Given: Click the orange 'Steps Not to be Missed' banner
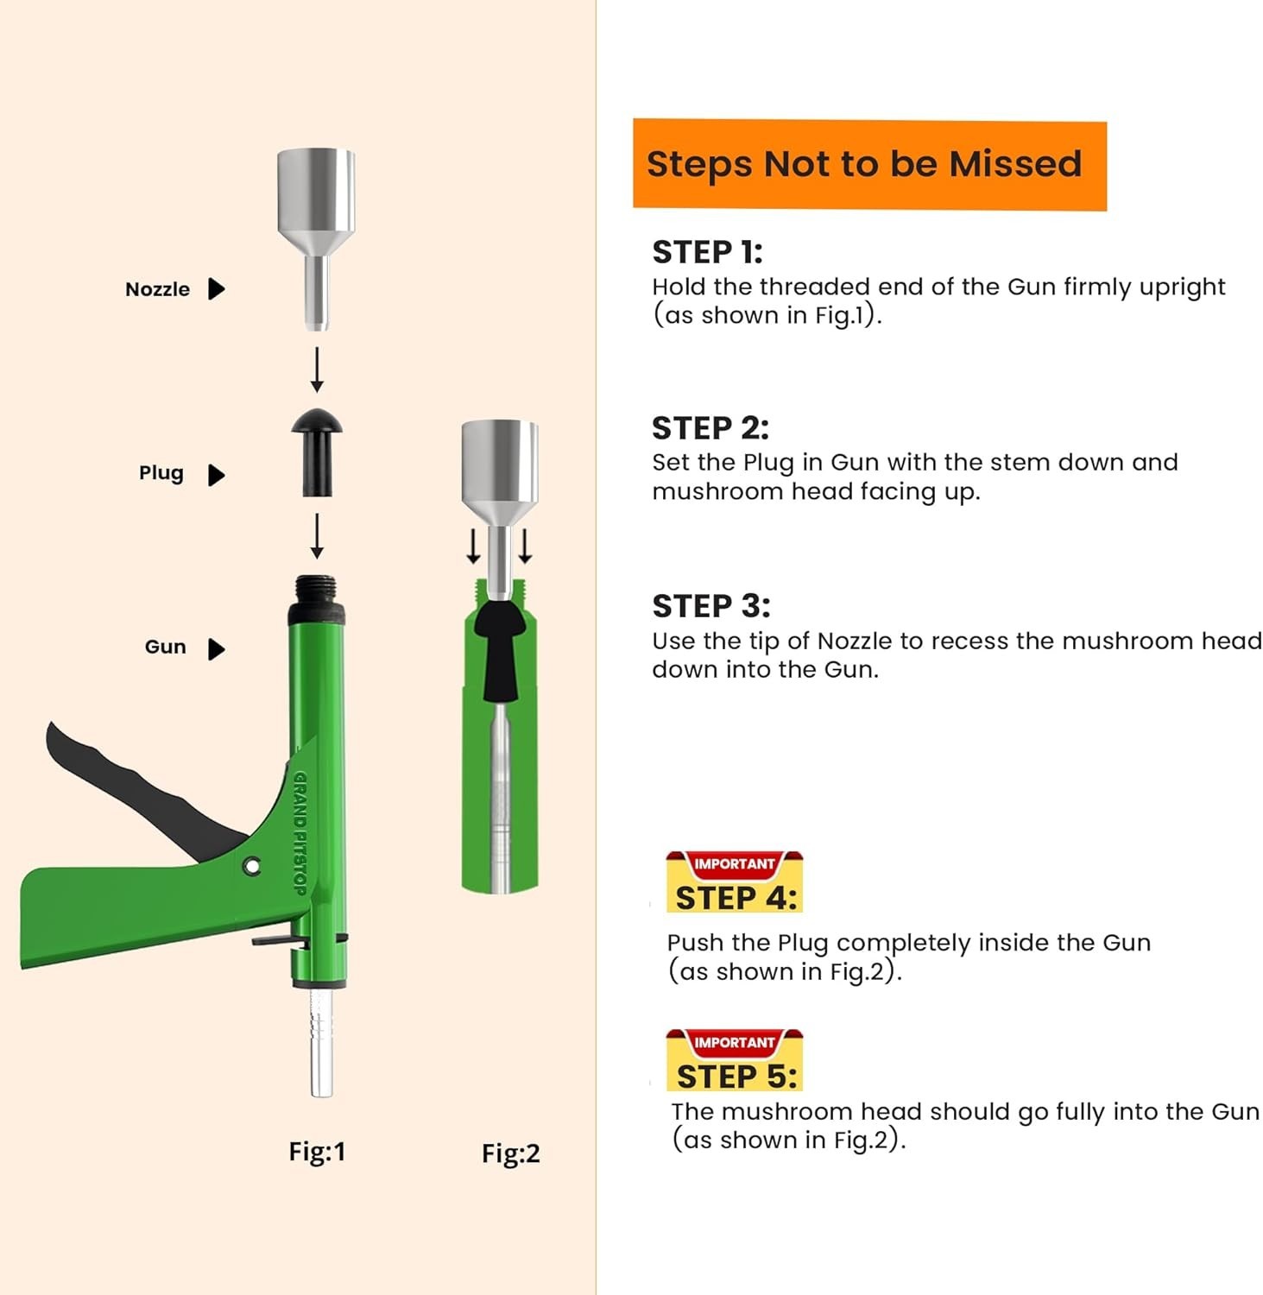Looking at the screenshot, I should click(868, 164).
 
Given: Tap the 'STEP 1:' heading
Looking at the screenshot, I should click(707, 252).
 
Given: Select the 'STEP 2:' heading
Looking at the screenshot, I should click(710, 428).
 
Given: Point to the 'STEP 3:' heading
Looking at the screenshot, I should click(710, 606).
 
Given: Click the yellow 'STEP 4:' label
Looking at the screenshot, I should click(736, 898).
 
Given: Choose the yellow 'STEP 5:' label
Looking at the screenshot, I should click(736, 1077).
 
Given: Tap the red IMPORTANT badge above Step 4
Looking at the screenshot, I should click(734, 864).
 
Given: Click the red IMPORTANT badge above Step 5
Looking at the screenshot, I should click(734, 1043).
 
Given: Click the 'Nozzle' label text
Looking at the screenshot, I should click(157, 289).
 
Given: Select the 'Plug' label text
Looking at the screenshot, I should click(161, 473).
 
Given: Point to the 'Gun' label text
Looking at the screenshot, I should click(165, 647).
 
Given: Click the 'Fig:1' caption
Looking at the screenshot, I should click(317, 1152).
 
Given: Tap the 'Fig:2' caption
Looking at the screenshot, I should click(510, 1153).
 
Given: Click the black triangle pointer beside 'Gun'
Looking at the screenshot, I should click(217, 648).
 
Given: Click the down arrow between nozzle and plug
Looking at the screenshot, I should click(317, 370).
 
